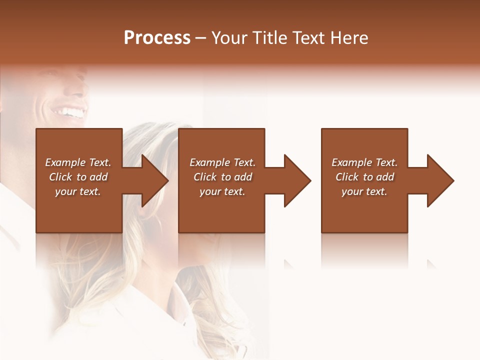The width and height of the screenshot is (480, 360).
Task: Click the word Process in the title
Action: tap(157, 38)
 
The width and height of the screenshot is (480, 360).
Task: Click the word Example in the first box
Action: tap(65, 162)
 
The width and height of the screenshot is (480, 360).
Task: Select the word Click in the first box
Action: tap(61, 177)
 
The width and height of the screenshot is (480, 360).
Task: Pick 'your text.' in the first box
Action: tap(78, 191)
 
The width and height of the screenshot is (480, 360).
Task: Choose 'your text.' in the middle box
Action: tap(222, 191)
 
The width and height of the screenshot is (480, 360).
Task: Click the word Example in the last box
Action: tap(352, 162)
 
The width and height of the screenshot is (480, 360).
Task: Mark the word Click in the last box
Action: tap(347, 177)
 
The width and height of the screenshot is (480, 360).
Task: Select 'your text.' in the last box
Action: tap(364, 191)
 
